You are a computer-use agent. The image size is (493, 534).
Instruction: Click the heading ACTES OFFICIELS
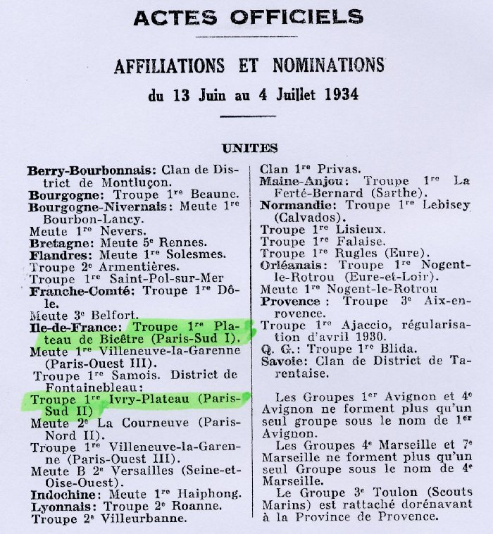point(249,18)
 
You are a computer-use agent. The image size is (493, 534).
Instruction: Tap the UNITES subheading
point(249,148)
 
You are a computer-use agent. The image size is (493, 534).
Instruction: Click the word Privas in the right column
point(337,168)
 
